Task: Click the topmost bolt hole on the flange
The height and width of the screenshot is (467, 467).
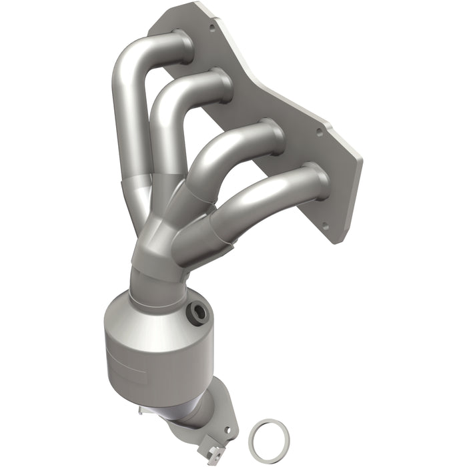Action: [x=212, y=28]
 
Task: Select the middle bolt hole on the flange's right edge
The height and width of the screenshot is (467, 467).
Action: [x=319, y=132]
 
